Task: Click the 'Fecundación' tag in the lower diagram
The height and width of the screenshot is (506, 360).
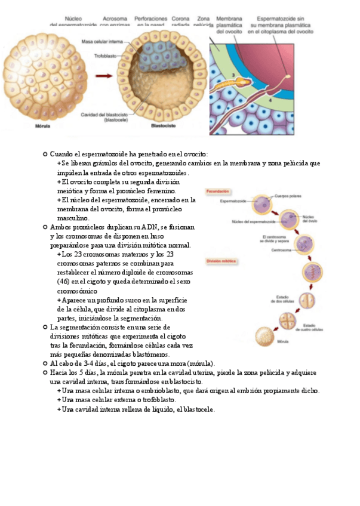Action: (217, 191)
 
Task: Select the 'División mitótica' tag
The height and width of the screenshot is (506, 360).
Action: (221, 261)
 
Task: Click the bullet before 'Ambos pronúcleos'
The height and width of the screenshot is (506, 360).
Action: (45, 228)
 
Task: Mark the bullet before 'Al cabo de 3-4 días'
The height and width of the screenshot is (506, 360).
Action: (45, 363)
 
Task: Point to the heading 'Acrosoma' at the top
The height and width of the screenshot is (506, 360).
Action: (114, 18)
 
